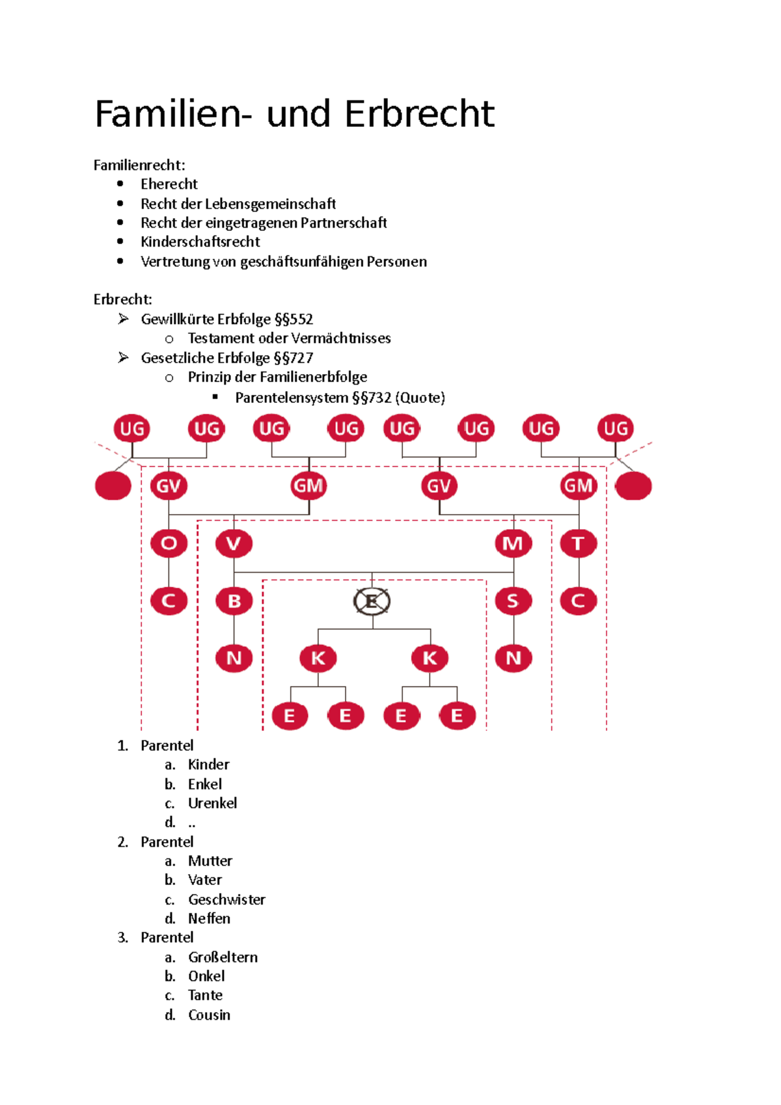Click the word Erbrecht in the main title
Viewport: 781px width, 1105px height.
(419, 114)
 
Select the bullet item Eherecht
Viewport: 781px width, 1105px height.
(169, 184)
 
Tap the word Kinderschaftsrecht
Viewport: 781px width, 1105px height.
(200, 242)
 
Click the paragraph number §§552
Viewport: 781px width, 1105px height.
(294, 319)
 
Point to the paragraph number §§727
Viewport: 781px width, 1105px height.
(294, 358)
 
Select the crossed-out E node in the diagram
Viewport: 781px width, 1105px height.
(372, 601)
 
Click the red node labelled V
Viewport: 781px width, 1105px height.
(234, 543)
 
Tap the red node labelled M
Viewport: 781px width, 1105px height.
(513, 543)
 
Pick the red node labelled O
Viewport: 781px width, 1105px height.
(169, 543)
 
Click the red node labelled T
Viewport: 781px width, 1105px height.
(578, 543)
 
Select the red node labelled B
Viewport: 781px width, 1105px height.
(234, 601)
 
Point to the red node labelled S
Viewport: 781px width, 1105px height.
(513, 601)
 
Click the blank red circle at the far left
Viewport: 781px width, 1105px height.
(113, 486)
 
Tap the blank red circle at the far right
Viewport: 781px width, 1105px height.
(633, 486)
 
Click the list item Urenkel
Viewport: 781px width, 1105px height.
(212, 803)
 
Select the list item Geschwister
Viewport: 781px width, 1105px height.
(226, 899)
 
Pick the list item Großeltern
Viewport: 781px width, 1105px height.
(223, 957)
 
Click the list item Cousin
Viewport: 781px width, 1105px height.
(209, 1015)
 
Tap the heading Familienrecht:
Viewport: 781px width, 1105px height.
(139, 165)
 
